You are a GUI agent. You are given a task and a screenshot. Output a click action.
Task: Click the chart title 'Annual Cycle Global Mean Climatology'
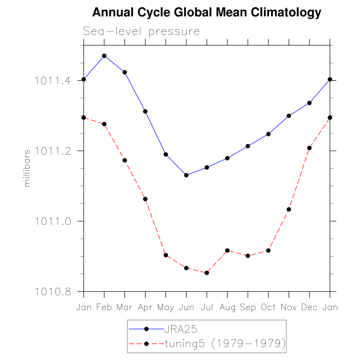coord(206,12)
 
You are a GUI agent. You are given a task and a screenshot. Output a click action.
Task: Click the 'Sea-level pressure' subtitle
coord(141,32)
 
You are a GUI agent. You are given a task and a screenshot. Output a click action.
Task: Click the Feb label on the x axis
coord(104,307)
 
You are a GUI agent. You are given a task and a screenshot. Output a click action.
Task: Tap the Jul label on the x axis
coord(207,307)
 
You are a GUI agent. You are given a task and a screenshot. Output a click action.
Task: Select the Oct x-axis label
coord(268,307)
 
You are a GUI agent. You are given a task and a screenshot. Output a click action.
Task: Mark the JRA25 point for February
coord(104,56)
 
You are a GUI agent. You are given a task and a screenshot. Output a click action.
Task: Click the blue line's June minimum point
coord(186,175)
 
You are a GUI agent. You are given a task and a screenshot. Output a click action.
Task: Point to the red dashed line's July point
coord(207,273)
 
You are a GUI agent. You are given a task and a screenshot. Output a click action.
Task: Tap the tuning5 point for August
coord(227,250)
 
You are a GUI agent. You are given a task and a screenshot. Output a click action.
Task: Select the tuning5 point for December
coord(310,148)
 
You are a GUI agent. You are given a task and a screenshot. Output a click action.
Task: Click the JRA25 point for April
coord(146,111)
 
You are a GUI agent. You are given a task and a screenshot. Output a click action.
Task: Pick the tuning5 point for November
coord(289,209)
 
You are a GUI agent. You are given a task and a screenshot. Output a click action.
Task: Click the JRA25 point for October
coord(268,134)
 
